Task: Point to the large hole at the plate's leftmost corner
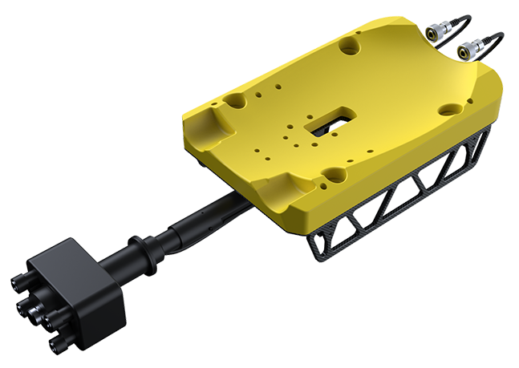coord(233,102)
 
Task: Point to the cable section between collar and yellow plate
coord(201,217)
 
